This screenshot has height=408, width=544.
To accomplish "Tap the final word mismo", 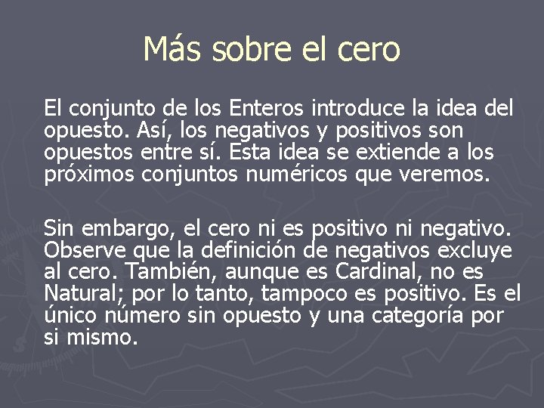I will click(102, 337).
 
